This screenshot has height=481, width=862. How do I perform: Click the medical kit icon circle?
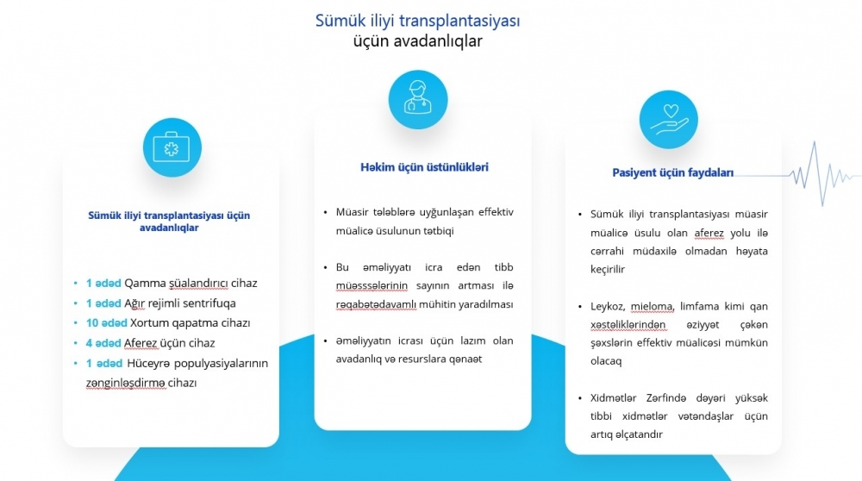point(172,147)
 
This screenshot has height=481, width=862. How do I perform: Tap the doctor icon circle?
point(418,99)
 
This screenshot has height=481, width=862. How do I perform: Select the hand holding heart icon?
point(669,119)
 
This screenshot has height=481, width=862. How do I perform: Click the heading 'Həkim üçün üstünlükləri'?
point(424,167)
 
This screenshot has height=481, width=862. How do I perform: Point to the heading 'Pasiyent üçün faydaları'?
point(673,172)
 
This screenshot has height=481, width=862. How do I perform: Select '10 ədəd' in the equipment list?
point(106,322)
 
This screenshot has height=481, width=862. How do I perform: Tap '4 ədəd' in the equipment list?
point(103,343)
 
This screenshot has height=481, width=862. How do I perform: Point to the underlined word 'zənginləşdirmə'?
point(125,383)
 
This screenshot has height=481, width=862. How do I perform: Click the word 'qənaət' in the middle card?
point(465,359)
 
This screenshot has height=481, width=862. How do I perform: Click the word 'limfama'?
point(699,306)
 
